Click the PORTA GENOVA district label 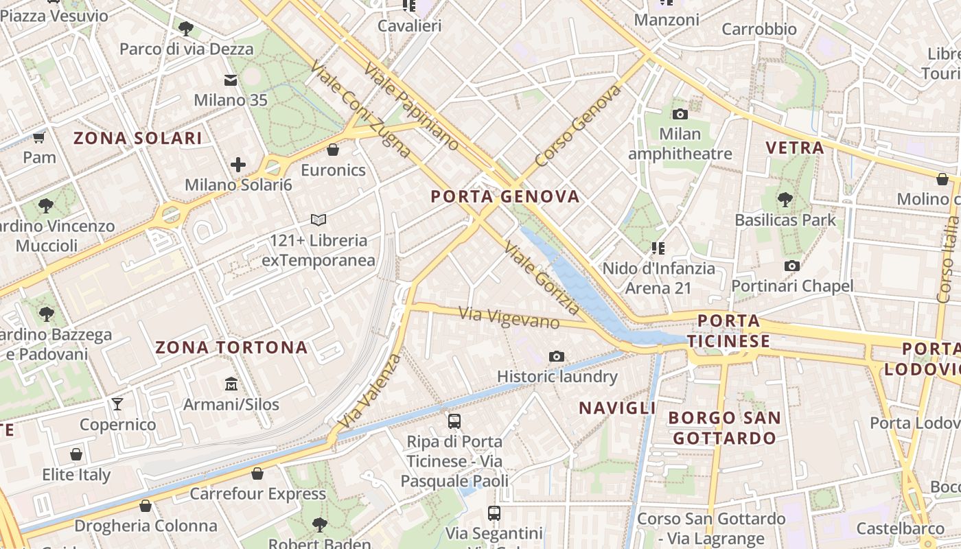coord(505,197)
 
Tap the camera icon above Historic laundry coord(557,356)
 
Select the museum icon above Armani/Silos coord(231,384)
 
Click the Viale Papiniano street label coord(411,106)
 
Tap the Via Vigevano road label coord(509,318)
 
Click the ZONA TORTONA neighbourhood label coord(231,347)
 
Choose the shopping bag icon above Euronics coord(333,149)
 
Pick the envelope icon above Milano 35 coord(231,81)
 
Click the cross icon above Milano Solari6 coord(238,165)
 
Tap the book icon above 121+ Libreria coord(318,220)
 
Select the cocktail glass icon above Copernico coord(117,404)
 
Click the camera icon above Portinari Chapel coord(792,266)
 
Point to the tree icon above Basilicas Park coord(785,200)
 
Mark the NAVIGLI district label coord(618,408)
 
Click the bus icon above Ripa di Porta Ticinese coord(454,421)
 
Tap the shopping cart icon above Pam coord(39,137)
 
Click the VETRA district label coord(794,148)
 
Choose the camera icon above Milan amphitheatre coord(680,114)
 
